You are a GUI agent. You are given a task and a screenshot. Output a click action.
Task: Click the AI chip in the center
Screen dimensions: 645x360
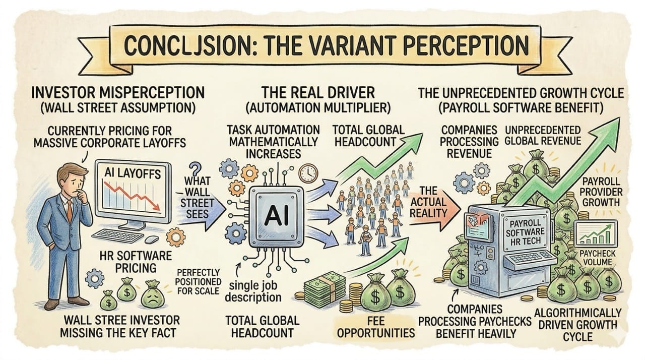click(x=273, y=215)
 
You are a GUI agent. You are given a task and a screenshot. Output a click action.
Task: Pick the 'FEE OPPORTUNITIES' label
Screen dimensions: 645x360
click(x=376, y=327)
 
